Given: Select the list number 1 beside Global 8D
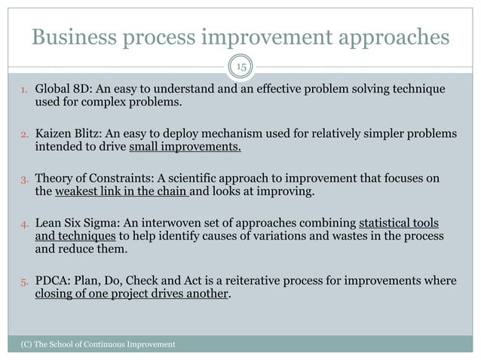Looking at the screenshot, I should [x=24, y=92].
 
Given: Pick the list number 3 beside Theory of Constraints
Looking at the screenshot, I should [x=24, y=179].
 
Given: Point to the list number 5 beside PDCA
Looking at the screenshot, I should [x=24, y=282].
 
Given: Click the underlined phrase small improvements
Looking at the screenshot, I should [x=185, y=146].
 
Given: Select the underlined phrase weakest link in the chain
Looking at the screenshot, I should [x=121, y=191].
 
